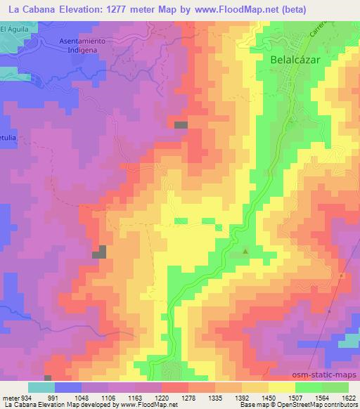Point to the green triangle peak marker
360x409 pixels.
[x=245, y=251]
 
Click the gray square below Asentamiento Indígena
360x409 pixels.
[x=181, y=124]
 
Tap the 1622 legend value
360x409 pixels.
[x=349, y=398]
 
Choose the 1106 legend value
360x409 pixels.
[x=110, y=398]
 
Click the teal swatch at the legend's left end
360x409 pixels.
[x=41, y=387]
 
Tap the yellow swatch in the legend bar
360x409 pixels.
[x=282, y=387]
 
